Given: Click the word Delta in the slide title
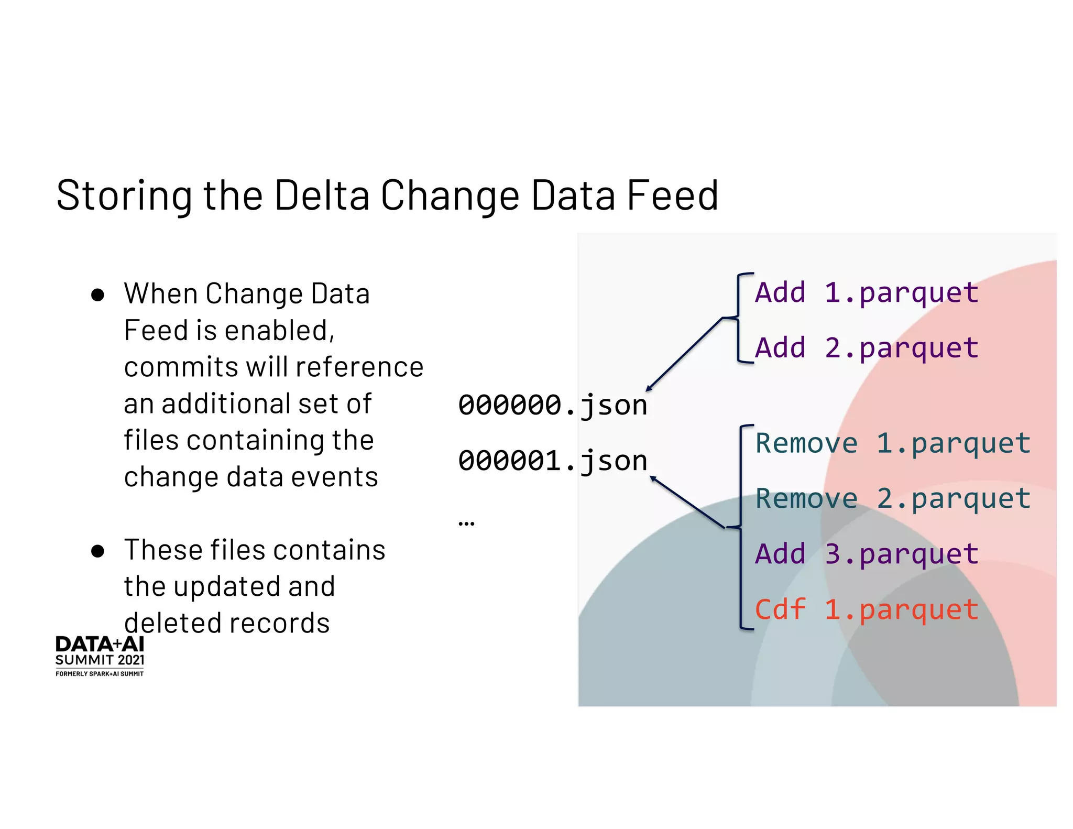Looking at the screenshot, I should coord(322,195).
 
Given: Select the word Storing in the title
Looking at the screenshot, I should coord(124,196).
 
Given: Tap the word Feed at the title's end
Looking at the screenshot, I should coord(673,195).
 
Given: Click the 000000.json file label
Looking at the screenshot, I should coord(553,405).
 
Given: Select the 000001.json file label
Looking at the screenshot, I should coord(553,461).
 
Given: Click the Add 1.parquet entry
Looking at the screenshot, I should coord(867,292).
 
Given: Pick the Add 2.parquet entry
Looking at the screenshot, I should coord(867,348).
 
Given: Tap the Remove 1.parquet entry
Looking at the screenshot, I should coord(893,443).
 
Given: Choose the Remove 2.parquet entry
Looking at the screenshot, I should coord(893,498).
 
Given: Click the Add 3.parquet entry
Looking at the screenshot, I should coord(867,554).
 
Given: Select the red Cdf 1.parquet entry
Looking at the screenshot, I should coord(867,609).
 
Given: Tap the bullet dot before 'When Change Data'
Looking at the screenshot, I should coord(97,294).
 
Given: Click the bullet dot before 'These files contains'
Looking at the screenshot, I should coord(97,551).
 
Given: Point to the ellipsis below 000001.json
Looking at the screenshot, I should coord(466,523).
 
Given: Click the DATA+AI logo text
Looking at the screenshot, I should coord(100,644).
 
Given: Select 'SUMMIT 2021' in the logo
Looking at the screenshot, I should coord(100,660).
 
